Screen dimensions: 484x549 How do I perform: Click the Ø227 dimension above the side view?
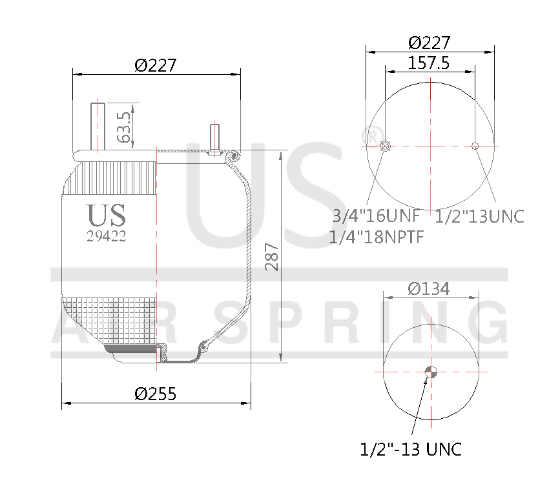[156, 65]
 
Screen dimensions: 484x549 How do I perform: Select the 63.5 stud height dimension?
[125, 126]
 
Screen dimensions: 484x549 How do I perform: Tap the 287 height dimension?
[273, 257]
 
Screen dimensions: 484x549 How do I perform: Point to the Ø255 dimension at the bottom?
[156, 394]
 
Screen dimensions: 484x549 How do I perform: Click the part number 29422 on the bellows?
[107, 236]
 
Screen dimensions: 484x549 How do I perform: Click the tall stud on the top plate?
[98, 126]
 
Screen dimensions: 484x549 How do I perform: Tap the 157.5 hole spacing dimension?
[429, 63]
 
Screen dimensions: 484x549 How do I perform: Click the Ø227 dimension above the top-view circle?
[430, 43]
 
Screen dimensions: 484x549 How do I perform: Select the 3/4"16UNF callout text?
[376, 216]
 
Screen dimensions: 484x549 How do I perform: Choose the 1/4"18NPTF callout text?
[376, 237]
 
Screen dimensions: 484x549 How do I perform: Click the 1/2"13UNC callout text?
[480, 216]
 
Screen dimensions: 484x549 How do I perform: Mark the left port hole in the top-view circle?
[386, 146]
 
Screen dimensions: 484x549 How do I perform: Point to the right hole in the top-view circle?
[475, 146]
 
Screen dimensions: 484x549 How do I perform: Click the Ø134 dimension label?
[429, 288]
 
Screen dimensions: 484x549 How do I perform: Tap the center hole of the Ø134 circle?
[431, 371]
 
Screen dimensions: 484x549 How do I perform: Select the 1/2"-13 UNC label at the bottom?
[411, 449]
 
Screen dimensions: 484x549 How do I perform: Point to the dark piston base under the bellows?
[132, 350]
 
